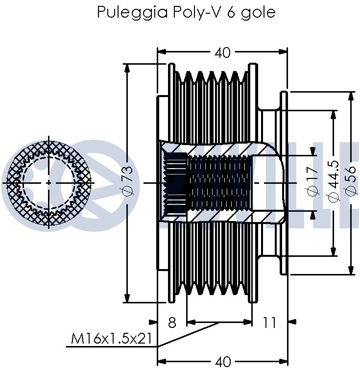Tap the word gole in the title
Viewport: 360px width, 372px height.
[x=258, y=12]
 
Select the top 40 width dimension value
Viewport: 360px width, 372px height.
[x=222, y=52]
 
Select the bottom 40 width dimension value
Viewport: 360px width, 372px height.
[x=222, y=362]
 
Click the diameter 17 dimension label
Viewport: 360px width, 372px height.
[x=312, y=182]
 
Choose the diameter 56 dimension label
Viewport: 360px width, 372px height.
[x=351, y=182]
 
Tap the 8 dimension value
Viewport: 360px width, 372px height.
[x=172, y=322]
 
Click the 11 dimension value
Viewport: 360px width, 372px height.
[x=269, y=322]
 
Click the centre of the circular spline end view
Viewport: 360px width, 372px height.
[x=48, y=182]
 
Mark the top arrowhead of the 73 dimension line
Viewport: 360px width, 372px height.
[x=127, y=68]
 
